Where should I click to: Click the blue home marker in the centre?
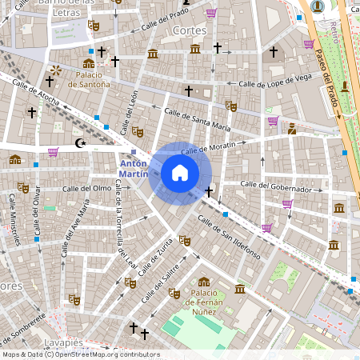pyautogui.click(x=180, y=173)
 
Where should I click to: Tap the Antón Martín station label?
pyautogui.click(x=133, y=167)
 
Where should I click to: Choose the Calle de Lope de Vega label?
pyautogui.click(x=274, y=80)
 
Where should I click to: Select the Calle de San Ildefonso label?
pyautogui.click(x=230, y=237)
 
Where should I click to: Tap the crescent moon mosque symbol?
pyautogui.click(x=78, y=143)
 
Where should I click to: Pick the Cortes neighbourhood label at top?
pyautogui.click(x=190, y=30)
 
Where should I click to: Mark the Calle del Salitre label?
pyautogui.click(x=161, y=284)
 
